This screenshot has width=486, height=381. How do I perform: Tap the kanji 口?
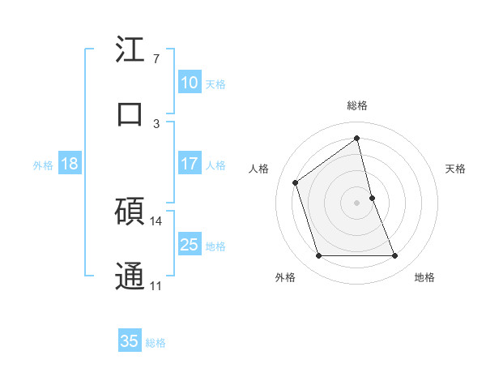(x=130, y=113)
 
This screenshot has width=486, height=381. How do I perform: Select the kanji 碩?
(x=130, y=213)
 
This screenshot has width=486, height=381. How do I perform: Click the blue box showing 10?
(x=189, y=83)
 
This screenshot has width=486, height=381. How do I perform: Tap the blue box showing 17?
(x=189, y=164)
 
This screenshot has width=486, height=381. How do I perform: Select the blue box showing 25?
(x=189, y=245)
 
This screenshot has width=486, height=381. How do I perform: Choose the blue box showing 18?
(x=69, y=164)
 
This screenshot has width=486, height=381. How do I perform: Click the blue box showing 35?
(x=130, y=341)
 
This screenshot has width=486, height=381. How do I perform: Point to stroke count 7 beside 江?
(x=156, y=59)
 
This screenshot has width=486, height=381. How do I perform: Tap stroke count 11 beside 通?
(x=156, y=285)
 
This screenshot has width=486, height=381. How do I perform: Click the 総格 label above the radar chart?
(x=357, y=105)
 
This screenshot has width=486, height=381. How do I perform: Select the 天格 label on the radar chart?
(x=456, y=169)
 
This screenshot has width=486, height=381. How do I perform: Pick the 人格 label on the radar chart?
(x=258, y=169)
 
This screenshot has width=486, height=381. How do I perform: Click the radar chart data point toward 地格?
(x=395, y=256)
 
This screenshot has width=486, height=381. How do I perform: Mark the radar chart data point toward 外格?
(x=318, y=256)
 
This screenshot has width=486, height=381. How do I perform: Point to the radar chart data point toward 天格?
(x=372, y=197)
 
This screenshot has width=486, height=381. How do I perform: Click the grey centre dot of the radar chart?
(x=357, y=202)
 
